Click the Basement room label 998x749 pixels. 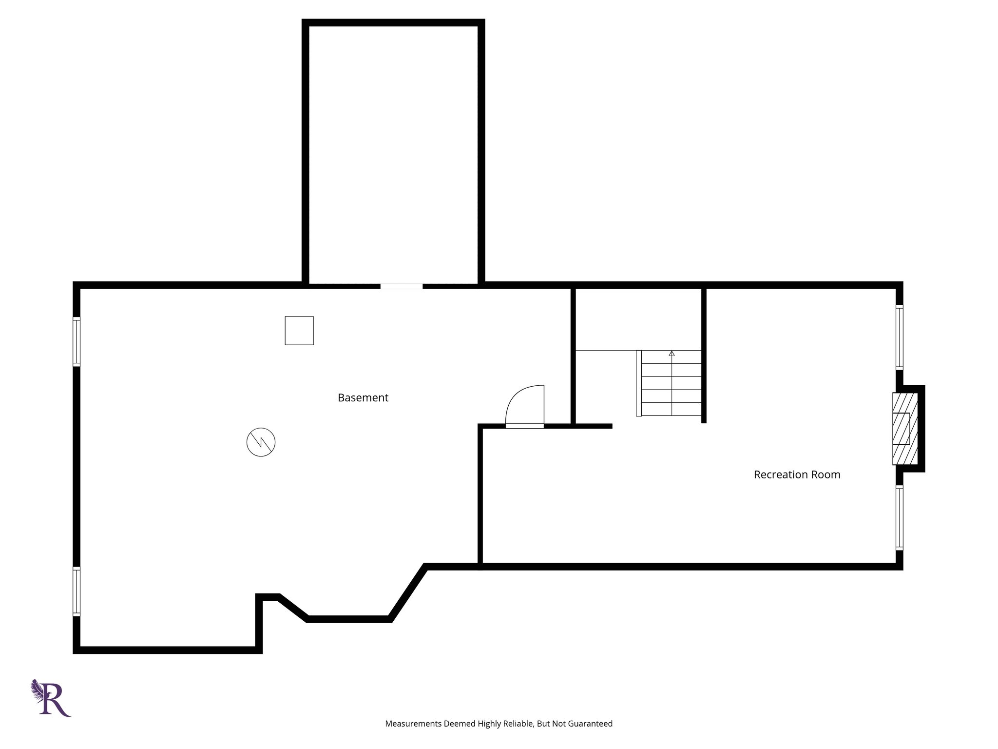coord(363,398)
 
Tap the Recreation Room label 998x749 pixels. coord(797,474)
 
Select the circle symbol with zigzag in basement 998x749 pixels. coord(261,442)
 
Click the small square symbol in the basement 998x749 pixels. coord(299,331)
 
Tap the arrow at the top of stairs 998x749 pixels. coord(672,353)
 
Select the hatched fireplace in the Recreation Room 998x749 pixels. coord(904,429)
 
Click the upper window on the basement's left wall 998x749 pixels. coord(77,341)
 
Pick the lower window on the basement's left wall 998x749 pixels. coord(77,591)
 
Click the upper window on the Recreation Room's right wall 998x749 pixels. coord(900,337)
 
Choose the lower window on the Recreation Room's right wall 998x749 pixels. coord(900,518)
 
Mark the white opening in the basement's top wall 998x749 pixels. coord(402,286)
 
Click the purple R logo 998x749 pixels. coord(52,698)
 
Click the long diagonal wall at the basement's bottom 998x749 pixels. coord(407,593)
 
